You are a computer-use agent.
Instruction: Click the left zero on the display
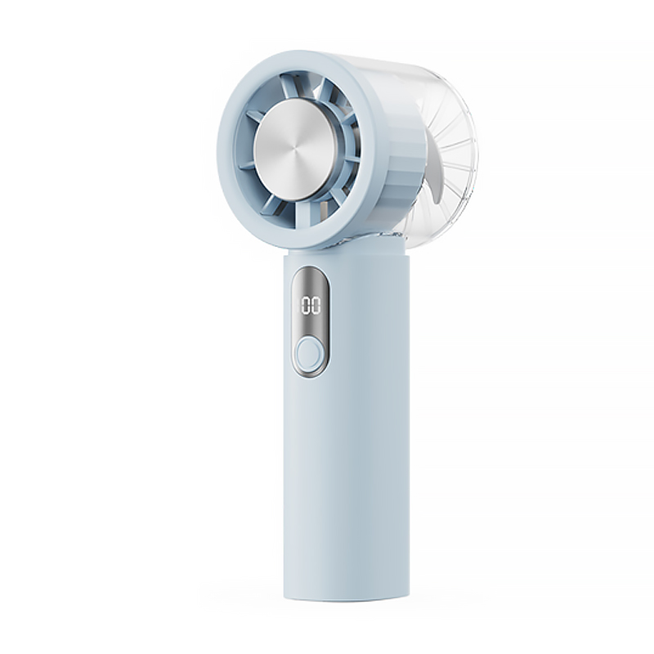pyautogui.click(x=305, y=306)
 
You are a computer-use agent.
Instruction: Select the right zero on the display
pyautogui.click(x=316, y=306)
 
